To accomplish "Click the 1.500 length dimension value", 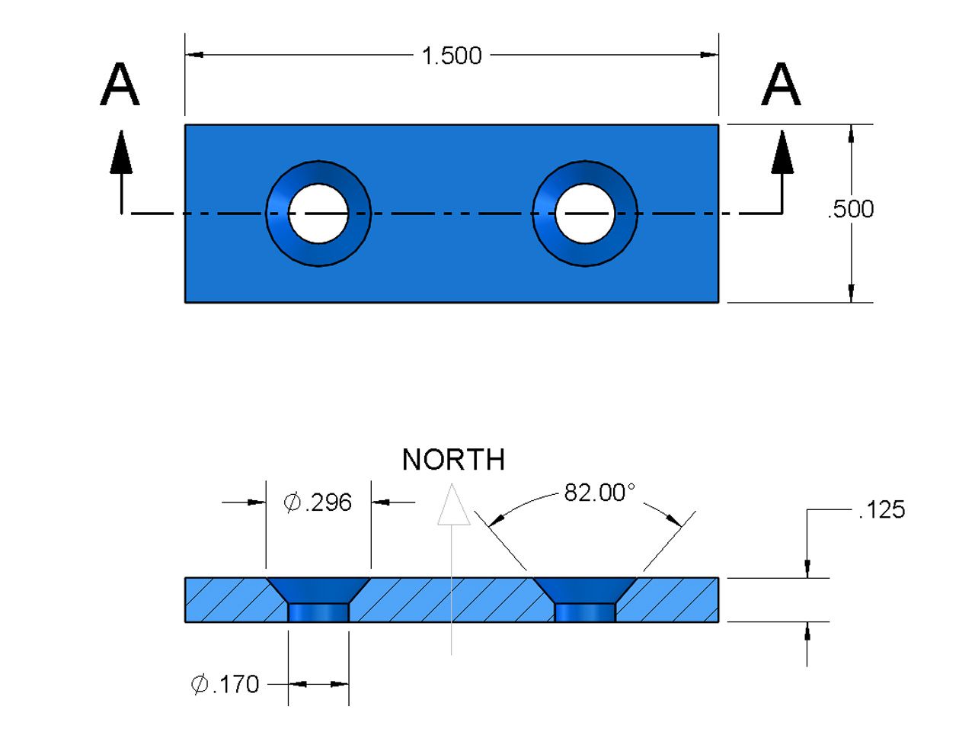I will [x=452, y=56].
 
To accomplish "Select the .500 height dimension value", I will [x=851, y=209].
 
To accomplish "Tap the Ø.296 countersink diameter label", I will [x=318, y=502].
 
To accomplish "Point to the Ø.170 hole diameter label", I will [x=225, y=685].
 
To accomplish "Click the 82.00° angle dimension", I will [x=599, y=493].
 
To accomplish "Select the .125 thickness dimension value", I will [x=881, y=509].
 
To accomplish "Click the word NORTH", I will [x=453, y=460].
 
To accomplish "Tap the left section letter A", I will [x=120, y=85].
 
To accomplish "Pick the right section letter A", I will [x=781, y=85].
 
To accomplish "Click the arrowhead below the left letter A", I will [x=120, y=152].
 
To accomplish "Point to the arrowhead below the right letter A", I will [x=782, y=152].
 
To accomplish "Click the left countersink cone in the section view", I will [x=318, y=589].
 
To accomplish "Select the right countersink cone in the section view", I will [x=585, y=589].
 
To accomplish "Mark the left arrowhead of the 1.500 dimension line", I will [x=195, y=55].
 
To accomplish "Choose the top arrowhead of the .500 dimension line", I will [x=851, y=134].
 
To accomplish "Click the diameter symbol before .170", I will [x=200, y=685].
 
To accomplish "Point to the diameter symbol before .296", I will [x=292, y=502].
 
